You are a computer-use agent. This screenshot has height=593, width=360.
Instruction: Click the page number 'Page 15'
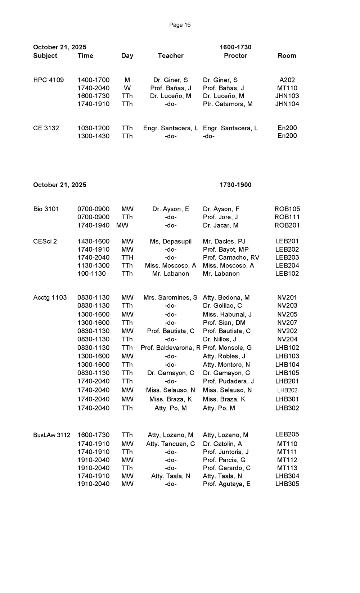[180, 25]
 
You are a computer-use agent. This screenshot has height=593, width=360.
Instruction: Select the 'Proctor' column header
[235, 56]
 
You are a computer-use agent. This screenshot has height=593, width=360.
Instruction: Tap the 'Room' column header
[287, 56]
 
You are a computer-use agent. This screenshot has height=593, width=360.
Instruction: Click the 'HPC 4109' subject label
[49, 80]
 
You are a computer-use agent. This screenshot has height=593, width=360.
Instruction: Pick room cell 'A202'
[287, 80]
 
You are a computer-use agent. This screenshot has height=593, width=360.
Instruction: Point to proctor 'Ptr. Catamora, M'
[228, 104]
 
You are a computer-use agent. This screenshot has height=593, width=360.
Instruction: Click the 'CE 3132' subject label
[46, 128]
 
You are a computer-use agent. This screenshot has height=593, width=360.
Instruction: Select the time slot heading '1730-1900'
[235, 185]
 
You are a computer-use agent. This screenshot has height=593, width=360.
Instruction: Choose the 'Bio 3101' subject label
[46, 209]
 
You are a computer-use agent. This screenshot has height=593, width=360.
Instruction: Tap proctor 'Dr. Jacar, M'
[221, 225]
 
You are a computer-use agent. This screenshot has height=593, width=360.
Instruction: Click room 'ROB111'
[287, 217]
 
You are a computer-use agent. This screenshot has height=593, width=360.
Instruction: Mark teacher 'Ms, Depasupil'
[171, 242]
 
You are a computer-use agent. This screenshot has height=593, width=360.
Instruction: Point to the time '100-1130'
[91, 274]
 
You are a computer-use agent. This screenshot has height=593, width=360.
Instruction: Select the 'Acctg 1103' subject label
[50, 298]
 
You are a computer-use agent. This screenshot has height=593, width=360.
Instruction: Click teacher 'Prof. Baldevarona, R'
[171, 348]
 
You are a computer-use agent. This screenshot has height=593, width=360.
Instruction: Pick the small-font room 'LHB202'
[287, 390]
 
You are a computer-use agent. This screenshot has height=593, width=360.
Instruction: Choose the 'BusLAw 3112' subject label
[51, 435]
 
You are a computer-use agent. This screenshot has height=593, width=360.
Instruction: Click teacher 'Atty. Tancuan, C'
[171, 444]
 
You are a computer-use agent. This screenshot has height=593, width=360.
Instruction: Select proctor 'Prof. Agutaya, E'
[226, 484]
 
